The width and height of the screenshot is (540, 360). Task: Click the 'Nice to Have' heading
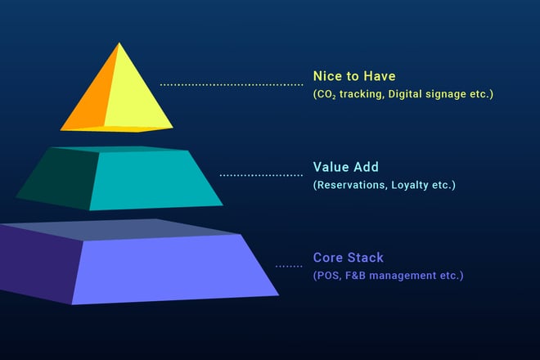[x=354, y=77]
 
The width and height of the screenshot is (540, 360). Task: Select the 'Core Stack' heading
[x=348, y=258]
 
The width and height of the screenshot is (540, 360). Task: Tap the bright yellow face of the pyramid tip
[x=139, y=90]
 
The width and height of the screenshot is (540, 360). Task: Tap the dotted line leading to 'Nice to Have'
[x=231, y=84]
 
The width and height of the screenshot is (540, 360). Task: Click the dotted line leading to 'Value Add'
[x=260, y=175]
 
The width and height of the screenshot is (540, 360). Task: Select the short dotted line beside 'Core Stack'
[x=288, y=266]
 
